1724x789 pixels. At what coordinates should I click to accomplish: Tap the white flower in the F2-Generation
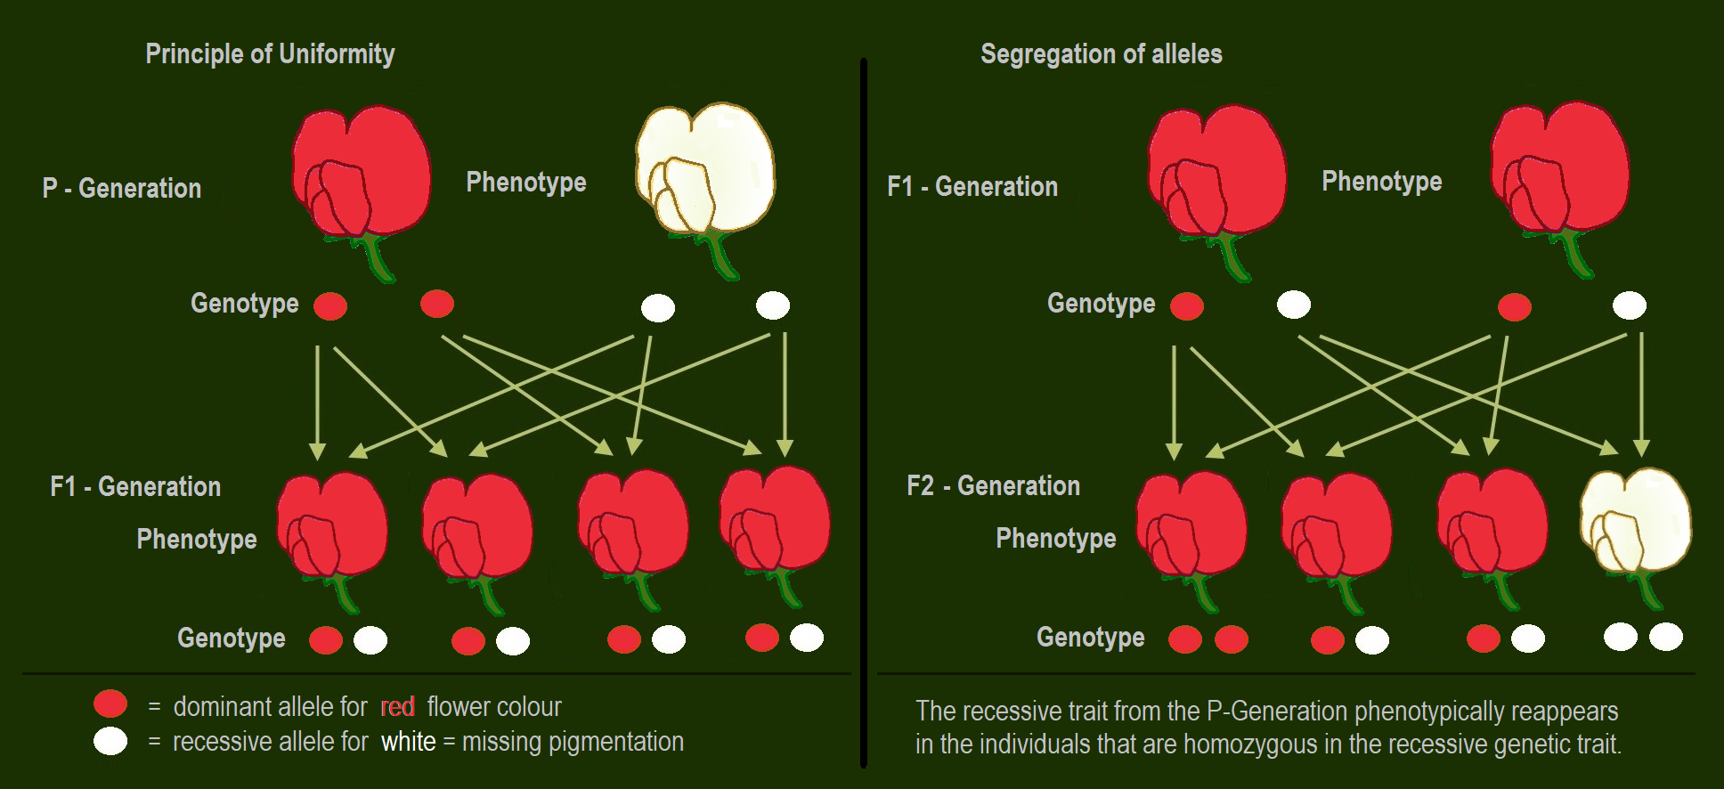point(1635,521)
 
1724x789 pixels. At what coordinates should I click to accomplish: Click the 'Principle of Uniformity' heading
point(270,54)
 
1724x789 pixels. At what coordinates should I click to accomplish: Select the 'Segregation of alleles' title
point(1101,54)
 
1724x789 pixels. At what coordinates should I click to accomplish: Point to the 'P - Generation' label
point(122,189)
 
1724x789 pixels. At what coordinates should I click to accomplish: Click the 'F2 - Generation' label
point(993,486)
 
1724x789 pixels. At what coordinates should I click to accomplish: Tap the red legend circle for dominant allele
point(110,704)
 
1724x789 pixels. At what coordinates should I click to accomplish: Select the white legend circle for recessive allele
point(110,741)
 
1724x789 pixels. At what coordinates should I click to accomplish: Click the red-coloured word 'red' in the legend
point(397,707)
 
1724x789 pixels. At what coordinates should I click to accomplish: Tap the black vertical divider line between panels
point(864,410)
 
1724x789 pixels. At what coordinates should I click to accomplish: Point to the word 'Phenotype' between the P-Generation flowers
point(526,183)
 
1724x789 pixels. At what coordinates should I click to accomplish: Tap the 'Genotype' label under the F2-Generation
point(1090,638)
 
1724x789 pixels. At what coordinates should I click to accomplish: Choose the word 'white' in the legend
point(409,742)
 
